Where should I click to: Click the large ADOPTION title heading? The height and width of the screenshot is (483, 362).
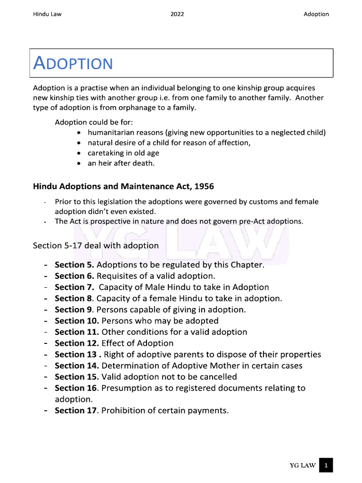coord(74,63)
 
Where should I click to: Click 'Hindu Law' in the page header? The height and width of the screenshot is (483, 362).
coord(47,14)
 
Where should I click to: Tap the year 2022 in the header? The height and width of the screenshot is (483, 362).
coord(177,14)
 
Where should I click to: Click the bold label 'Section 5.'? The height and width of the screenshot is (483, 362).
coord(74,265)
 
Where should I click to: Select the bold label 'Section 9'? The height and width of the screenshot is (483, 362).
coord(73,310)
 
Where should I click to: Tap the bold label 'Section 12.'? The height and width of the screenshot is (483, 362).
coord(77,343)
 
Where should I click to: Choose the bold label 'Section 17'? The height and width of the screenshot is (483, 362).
coord(75,410)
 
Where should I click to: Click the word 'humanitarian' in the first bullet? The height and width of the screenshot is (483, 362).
coord(109,133)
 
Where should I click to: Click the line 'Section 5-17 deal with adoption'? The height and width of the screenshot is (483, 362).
coord(96,246)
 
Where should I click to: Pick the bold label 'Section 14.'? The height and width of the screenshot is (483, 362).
coord(77,366)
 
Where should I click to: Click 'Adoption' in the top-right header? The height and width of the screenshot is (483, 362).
coord(316,14)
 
